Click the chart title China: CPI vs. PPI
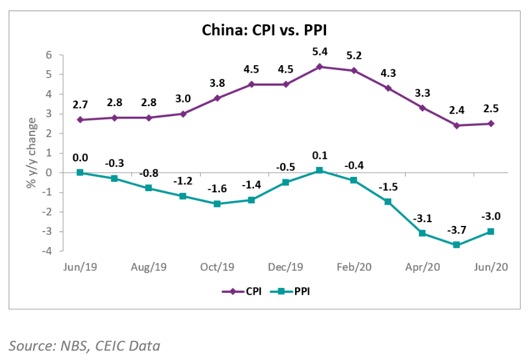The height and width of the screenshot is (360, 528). [x=263, y=30]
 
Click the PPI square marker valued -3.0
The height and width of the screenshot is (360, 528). [x=491, y=232]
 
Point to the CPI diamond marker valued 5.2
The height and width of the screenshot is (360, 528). [x=354, y=71]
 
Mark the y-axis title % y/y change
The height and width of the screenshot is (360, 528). [x=30, y=153]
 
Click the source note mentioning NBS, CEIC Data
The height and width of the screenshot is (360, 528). [x=84, y=345]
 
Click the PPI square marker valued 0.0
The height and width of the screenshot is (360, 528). [x=80, y=173]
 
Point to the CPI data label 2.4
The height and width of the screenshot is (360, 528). [x=457, y=110]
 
